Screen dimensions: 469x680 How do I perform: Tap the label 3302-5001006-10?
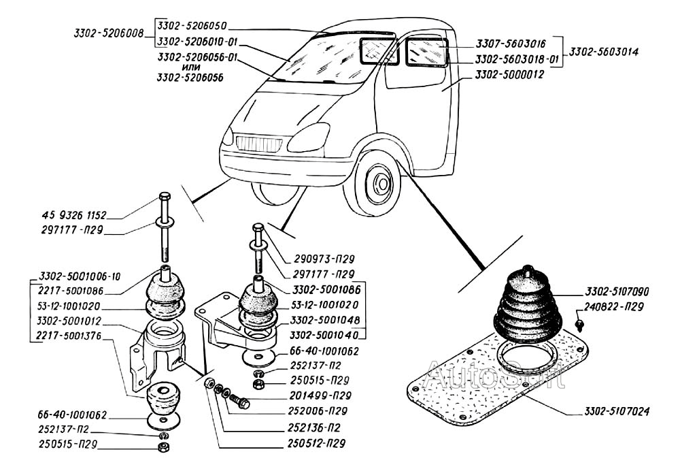click(x=79, y=277)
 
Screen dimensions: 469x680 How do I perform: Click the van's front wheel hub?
click(x=380, y=183)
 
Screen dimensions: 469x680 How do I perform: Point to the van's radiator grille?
click(x=258, y=144)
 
